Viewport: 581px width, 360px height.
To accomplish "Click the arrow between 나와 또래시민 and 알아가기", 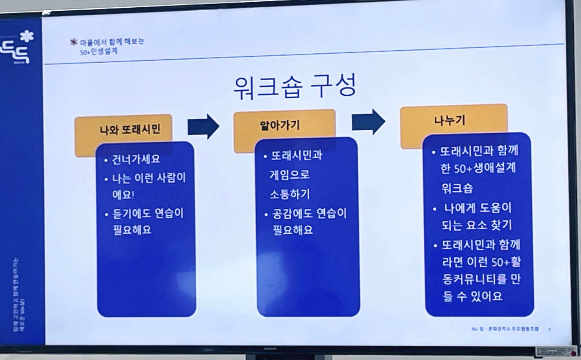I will tap(203, 126).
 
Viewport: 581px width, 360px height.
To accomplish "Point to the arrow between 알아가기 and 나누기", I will tap(368, 122).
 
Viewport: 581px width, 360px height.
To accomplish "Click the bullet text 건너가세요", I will tap(136, 159).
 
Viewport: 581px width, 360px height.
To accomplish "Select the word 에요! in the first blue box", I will tap(123, 195).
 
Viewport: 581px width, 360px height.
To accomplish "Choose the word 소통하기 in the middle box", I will tap(289, 194).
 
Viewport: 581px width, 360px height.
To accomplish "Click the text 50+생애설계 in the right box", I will tap(485, 168).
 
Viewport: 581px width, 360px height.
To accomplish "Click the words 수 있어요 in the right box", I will tap(479, 296).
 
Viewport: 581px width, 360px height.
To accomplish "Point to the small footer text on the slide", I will tap(505, 329).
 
